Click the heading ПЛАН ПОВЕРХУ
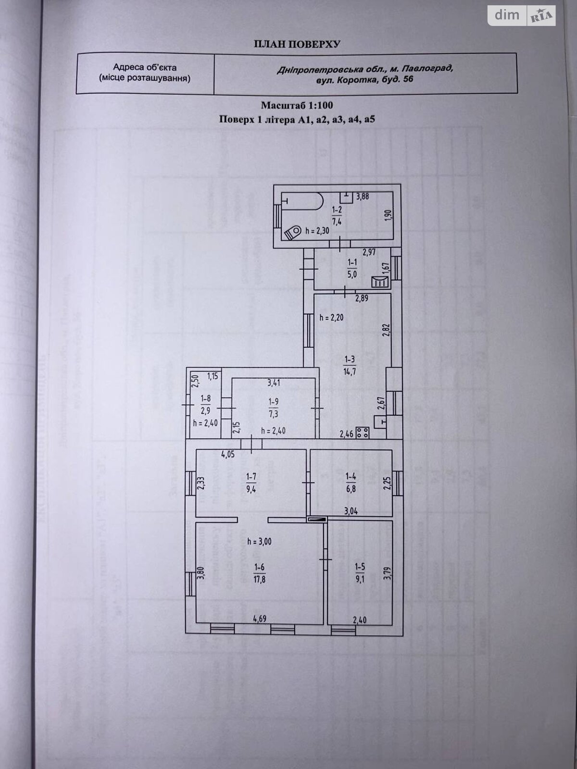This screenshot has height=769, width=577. click(297, 44)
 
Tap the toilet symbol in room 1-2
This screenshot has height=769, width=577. click(293, 232)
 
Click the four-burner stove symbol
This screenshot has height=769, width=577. click(363, 432)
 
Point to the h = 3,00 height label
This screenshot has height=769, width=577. click(259, 541)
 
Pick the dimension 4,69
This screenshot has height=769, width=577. click(260, 619)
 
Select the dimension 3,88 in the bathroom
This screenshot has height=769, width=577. click(363, 197)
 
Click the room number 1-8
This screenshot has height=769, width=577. click(206, 398)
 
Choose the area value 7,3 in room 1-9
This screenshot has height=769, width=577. click(273, 414)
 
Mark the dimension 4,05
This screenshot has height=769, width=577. click(228, 455)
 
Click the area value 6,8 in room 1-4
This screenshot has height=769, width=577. click(351, 488)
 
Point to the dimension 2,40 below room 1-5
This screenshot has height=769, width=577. click(360, 620)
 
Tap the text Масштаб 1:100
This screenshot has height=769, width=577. click(297, 105)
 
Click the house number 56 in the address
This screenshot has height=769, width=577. click(408, 79)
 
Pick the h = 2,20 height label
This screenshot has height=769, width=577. click(331, 318)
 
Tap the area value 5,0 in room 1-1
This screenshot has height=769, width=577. click(352, 274)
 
